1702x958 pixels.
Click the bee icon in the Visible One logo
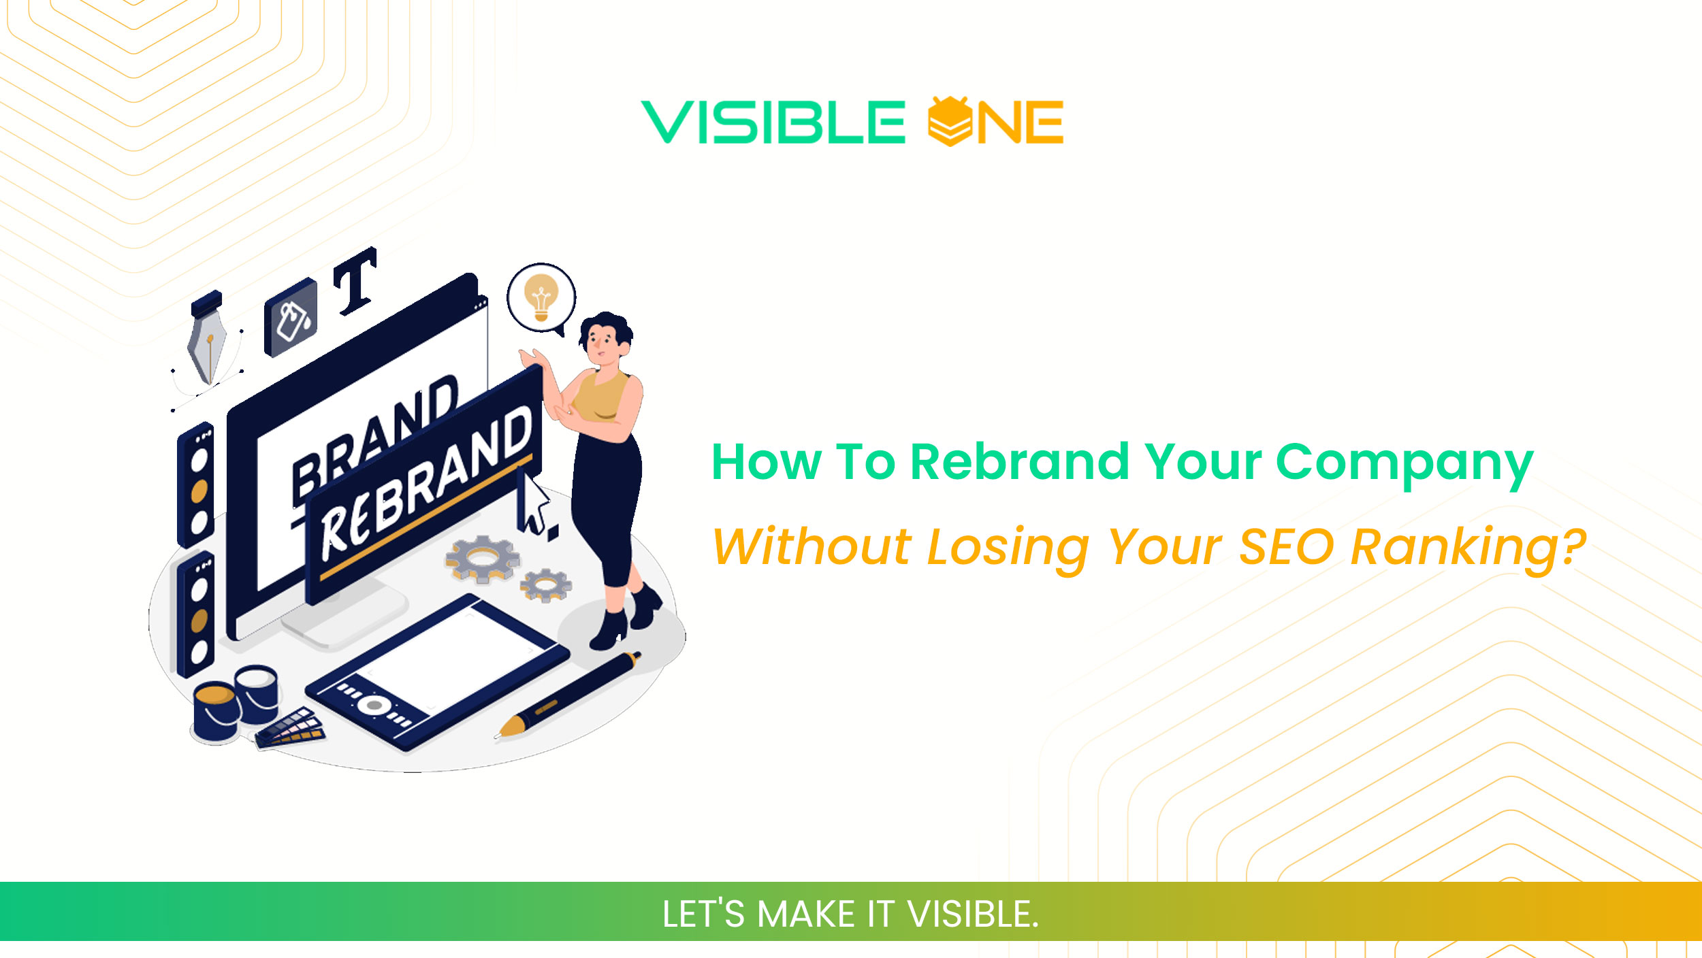(950, 121)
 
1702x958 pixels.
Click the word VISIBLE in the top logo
(773, 122)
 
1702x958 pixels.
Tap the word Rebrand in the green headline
(1019, 462)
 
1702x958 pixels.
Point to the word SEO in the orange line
(1286, 546)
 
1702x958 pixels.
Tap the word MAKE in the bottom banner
(806, 914)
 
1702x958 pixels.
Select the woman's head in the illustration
(605, 337)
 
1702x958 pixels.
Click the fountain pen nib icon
(208, 344)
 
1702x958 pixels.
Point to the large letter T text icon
(355, 281)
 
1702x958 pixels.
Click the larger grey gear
(482, 558)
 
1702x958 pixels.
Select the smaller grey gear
(546, 584)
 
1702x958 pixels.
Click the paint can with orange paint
(215, 711)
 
